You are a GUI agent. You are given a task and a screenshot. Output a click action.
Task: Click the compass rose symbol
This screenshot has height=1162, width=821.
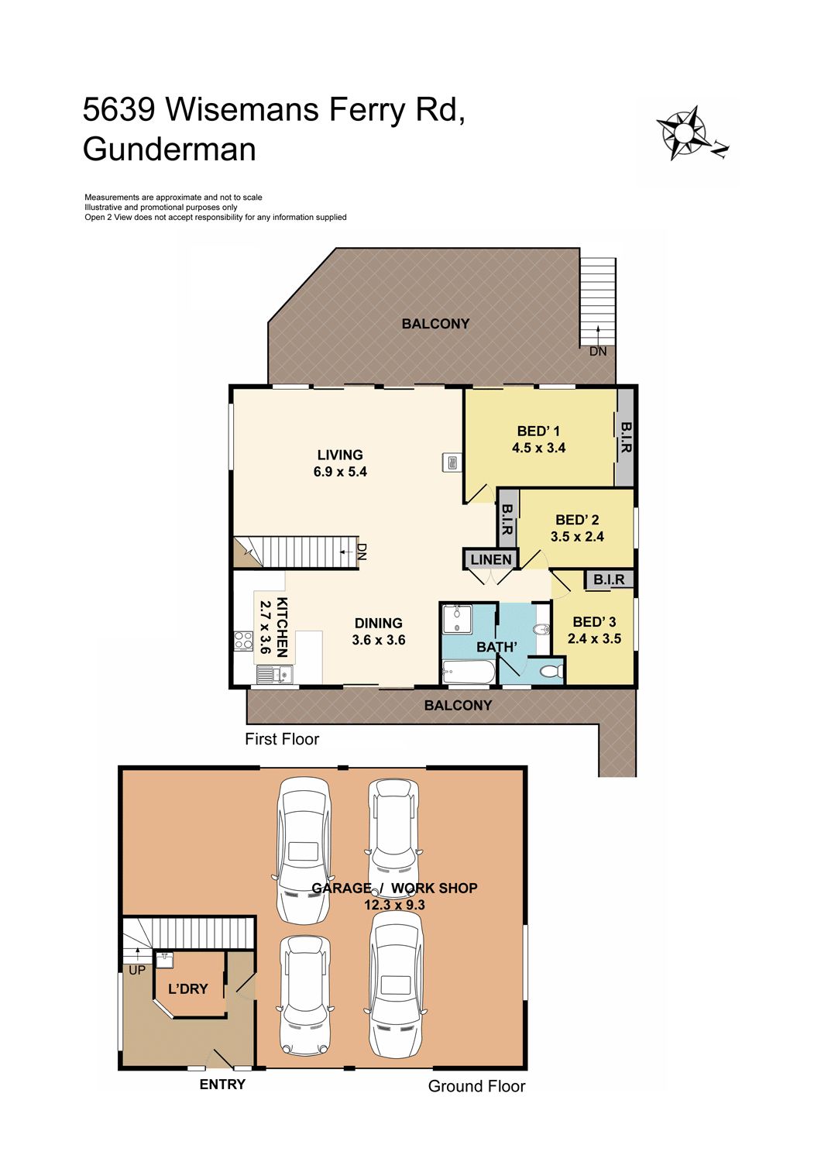(684, 132)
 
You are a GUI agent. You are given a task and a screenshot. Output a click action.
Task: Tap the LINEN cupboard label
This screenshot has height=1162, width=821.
(491, 559)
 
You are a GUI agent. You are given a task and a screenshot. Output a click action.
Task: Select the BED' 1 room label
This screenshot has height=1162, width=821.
(538, 431)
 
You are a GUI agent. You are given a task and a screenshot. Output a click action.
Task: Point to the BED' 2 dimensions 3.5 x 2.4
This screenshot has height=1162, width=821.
(577, 536)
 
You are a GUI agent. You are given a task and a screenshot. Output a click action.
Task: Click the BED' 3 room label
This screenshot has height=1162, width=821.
(594, 621)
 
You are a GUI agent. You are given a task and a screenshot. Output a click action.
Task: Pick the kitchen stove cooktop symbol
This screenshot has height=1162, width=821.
(243, 640)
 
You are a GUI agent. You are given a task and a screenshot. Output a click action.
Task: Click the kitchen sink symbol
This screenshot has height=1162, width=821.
(275, 675)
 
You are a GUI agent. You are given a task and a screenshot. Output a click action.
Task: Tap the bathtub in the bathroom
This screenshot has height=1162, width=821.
(469, 673)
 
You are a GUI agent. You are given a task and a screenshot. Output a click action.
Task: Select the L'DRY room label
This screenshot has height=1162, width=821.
(187, 988)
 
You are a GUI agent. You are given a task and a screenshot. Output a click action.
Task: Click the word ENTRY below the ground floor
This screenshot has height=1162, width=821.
(222, 1085)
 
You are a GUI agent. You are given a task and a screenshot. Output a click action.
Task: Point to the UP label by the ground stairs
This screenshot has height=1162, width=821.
(137, 970)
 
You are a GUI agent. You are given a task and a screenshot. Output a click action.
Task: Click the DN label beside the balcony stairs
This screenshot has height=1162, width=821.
(598, 351)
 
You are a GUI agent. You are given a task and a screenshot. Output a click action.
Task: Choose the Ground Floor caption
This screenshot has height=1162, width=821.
(476, 1086)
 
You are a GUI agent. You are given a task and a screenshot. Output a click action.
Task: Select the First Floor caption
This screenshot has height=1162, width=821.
(282, 739)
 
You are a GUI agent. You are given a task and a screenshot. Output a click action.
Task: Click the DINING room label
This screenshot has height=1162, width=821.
(379, 623)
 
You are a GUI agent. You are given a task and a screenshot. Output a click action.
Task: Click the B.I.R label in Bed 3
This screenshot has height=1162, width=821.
(610, 579)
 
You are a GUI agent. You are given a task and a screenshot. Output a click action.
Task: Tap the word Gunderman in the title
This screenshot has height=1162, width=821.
(170, 150)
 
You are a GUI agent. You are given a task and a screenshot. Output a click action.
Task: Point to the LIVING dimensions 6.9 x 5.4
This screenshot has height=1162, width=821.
(340, 472)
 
